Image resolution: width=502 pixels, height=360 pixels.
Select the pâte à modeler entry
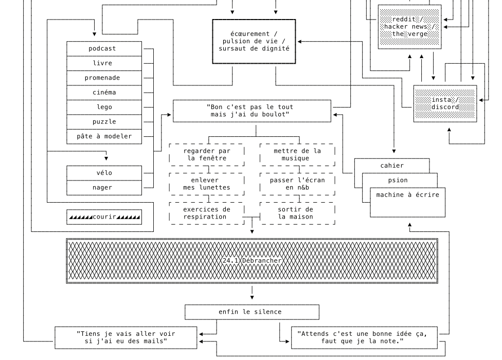click(x=104, y=136)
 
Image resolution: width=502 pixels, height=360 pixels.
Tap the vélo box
click(x=104, y=173)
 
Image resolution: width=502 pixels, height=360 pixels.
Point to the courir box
click(x=104, y=217)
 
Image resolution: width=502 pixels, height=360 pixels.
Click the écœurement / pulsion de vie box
click(x=254, y=41)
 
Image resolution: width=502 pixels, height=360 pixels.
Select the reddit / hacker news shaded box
click(x=409, y=27)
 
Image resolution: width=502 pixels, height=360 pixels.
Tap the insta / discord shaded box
click(x=445, y=103)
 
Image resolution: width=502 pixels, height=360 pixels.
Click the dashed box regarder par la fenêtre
click(x=207, y=154)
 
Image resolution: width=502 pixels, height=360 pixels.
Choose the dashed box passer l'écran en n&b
click(x=297, y=184)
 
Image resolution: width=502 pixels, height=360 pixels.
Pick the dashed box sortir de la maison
click(x=297, y=213)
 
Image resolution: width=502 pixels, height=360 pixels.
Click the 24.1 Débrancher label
click(x=252, y=261)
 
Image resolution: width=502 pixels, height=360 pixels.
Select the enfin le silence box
click(x=252, y=312)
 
